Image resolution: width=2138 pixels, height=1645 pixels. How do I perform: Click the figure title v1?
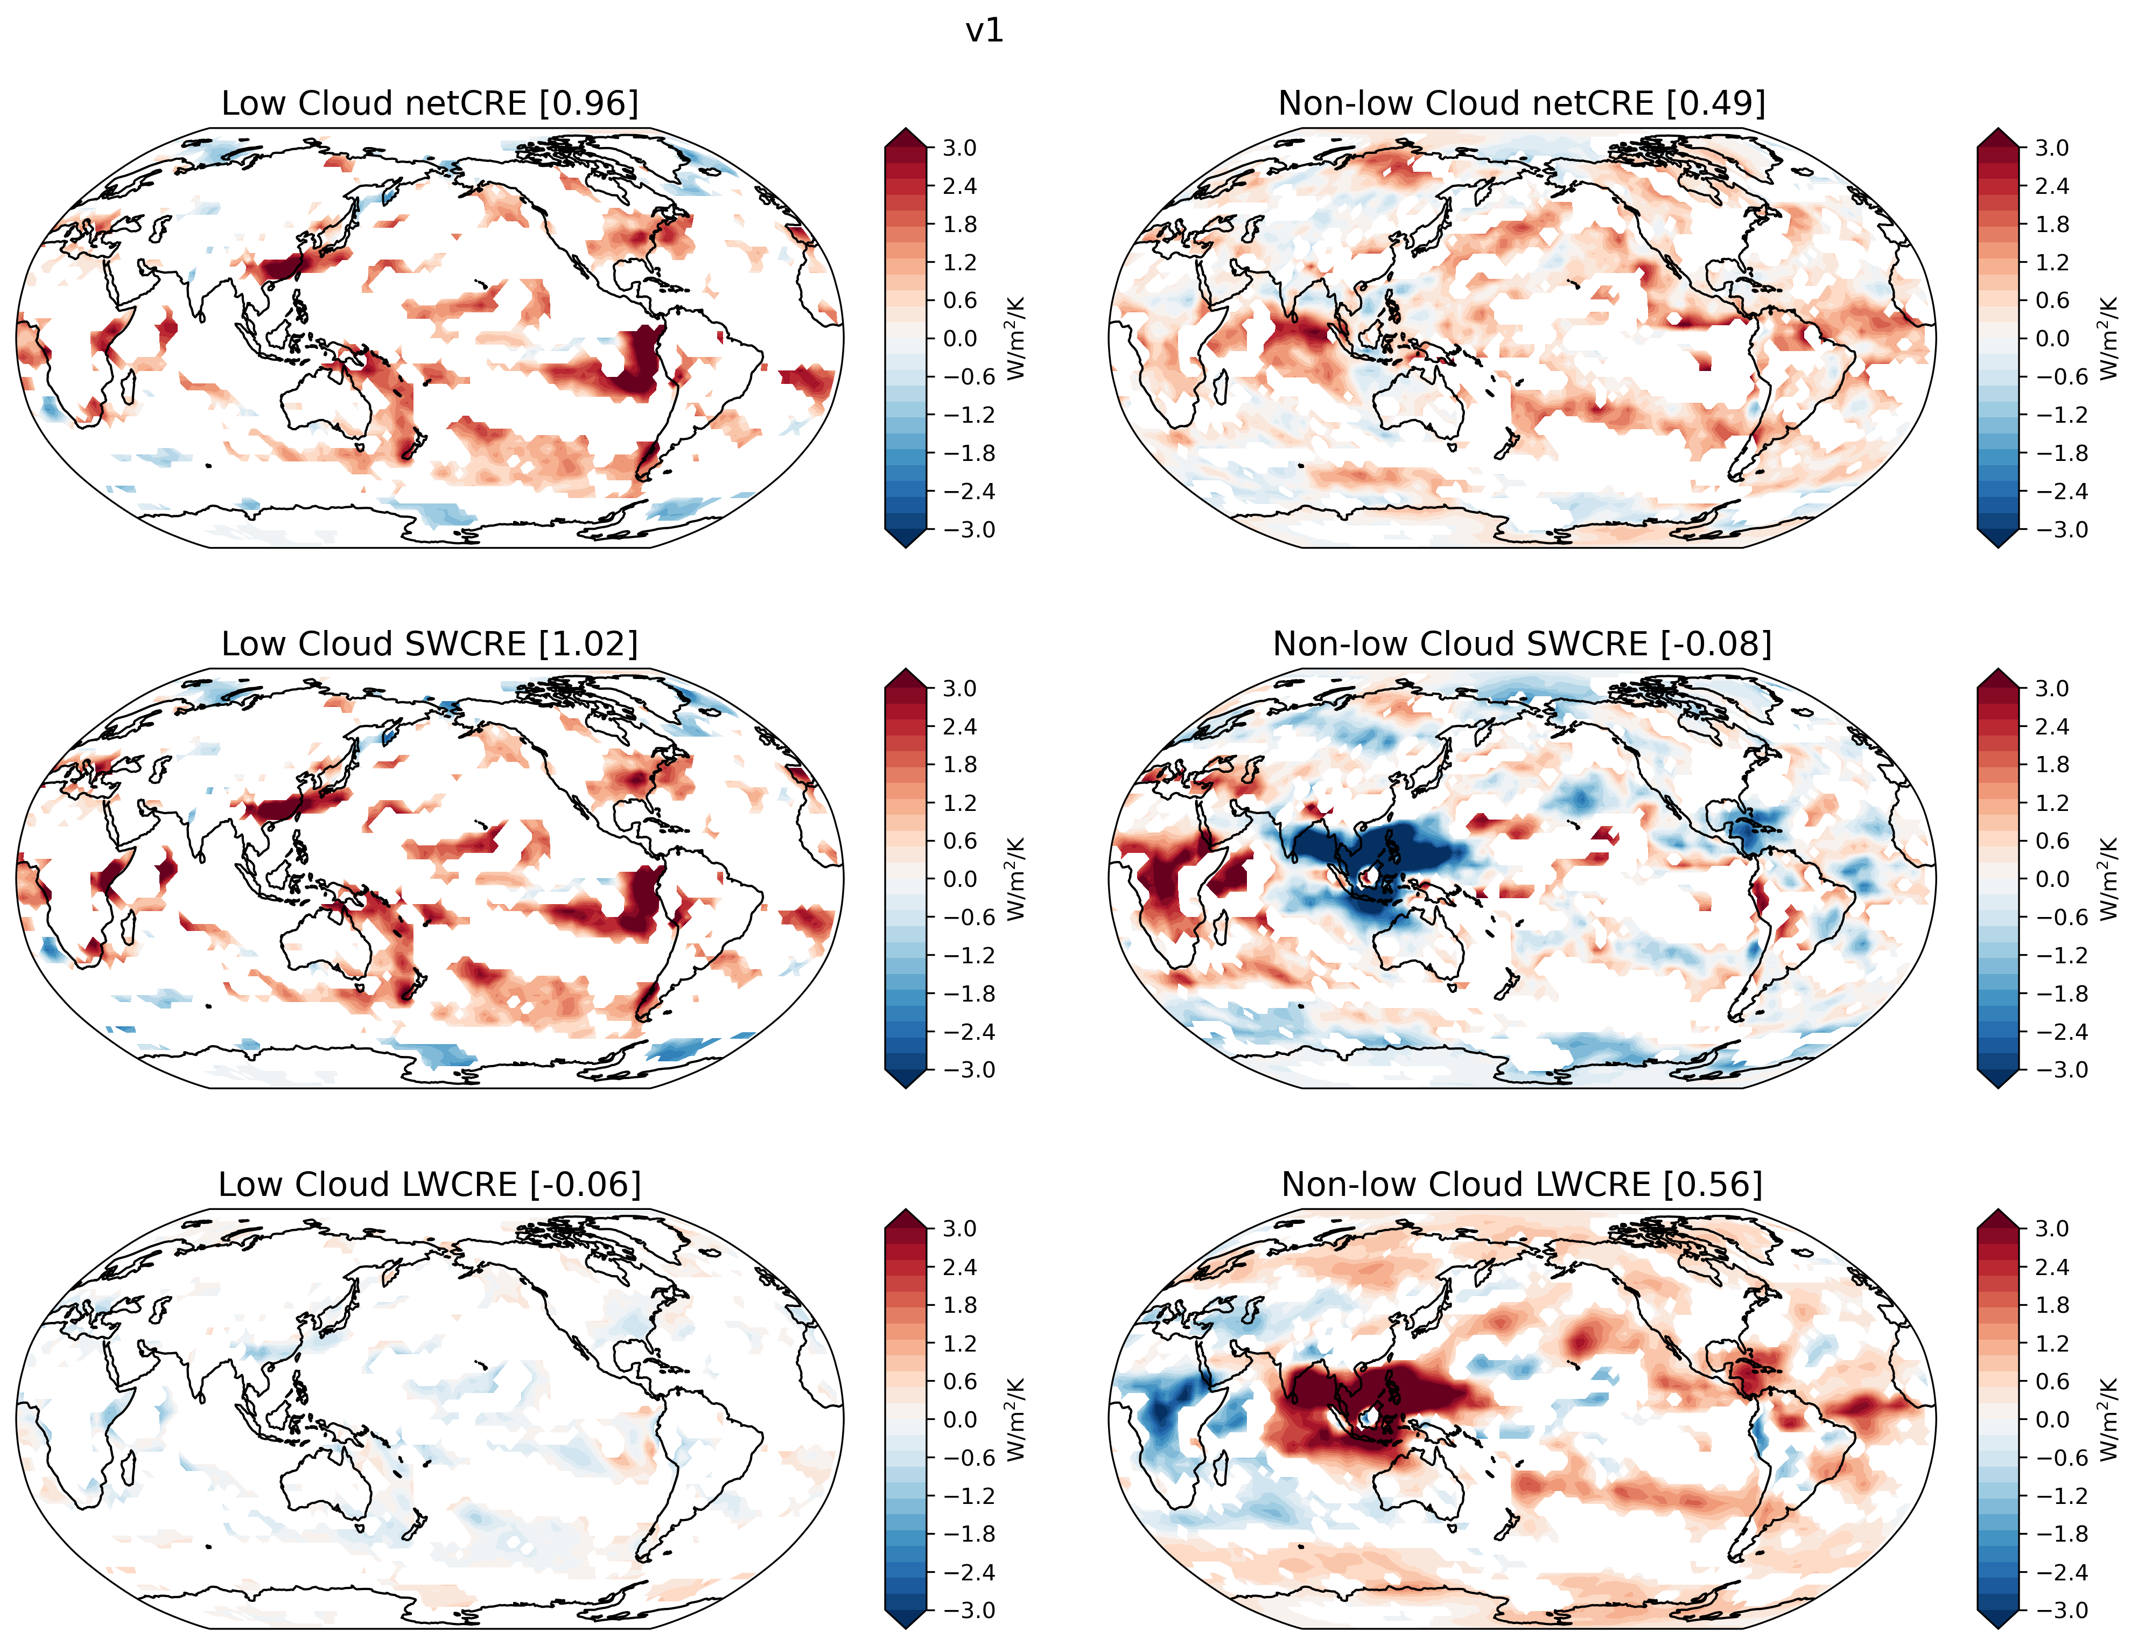(x=984, y=31)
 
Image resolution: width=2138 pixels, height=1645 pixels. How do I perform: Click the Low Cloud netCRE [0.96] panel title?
(x=430, y=103)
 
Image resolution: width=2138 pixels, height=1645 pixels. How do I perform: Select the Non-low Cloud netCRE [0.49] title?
(x=1522, y=103)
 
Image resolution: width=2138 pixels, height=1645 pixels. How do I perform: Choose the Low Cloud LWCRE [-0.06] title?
(x=430, y=1184)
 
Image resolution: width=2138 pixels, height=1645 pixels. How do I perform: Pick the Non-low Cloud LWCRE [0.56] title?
(x=1522, y=1184)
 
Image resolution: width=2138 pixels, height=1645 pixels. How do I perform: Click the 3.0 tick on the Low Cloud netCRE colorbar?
(x=959, y=148)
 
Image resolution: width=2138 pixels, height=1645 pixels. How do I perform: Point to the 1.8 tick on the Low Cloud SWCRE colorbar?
(x=959, y=765)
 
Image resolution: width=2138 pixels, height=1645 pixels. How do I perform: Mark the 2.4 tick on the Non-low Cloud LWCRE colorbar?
(x=2052, y=1267)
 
